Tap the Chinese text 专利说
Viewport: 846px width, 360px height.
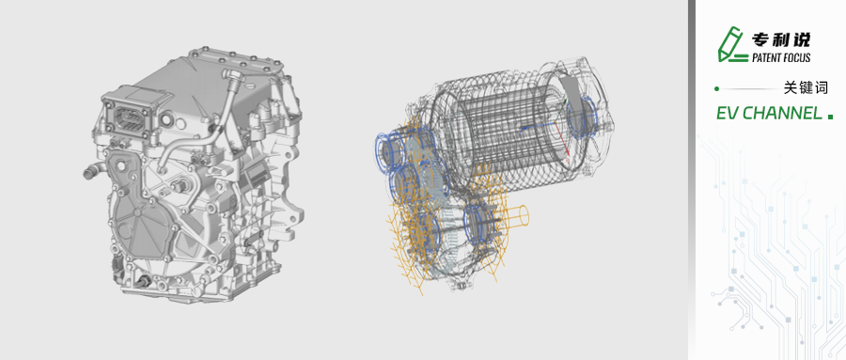[781, 39]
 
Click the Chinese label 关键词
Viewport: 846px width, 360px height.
[806, 87]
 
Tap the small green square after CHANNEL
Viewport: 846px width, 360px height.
[830, 117]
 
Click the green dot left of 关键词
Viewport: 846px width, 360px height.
[716, 88]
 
